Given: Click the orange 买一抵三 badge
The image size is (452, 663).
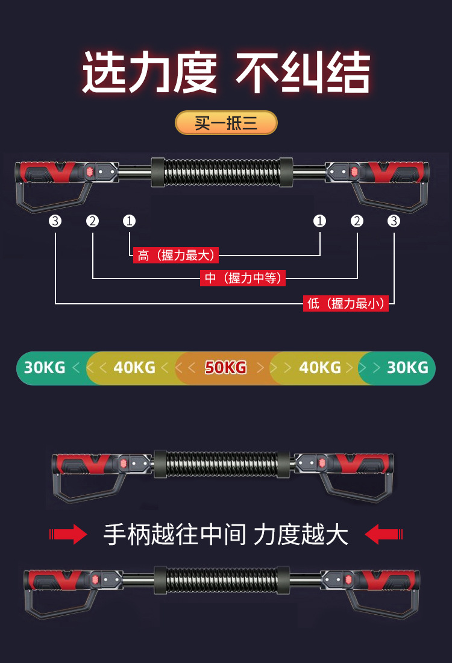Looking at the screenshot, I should click(x=226, y=123).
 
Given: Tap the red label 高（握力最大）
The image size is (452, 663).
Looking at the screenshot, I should click(x=175, y=256).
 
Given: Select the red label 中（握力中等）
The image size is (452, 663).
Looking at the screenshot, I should click(x=243, y=278).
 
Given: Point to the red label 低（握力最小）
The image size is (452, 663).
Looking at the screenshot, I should click(x=346, y=304).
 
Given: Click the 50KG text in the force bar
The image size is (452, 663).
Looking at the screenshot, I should click(x=225, y=368).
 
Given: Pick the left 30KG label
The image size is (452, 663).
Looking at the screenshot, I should click(x=45, y=368).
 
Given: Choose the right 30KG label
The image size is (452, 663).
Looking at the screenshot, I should click(x=407, y=368).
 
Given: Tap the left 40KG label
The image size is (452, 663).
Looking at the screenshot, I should click(x=134, y=368).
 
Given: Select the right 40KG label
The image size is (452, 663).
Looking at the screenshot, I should click(x=320, y=368).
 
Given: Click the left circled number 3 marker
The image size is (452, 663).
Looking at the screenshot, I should click(x=55, y=221).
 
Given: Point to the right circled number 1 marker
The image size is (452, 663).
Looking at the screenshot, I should click(x=320, y=221).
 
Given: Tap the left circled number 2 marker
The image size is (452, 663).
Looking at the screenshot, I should click(x=92, y=221).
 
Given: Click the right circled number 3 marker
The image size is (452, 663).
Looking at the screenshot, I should click(x=394, y=221).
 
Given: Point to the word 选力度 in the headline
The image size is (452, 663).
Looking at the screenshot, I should click(x=149, y=73).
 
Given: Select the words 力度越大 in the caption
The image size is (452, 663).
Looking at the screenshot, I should click(x=301, y=535).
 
